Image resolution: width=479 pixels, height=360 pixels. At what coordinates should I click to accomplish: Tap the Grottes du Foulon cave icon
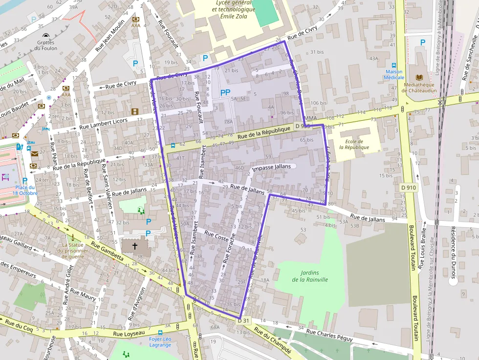(x=46, y=36)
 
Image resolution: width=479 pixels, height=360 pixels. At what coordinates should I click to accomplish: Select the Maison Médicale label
(x=393, y=74)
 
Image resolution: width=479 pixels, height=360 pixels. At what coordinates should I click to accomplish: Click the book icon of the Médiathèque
(x=419, y=77)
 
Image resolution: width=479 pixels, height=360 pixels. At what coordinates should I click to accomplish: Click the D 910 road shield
(x=409, y=187)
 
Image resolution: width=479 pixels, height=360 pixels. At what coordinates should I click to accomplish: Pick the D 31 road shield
(x=243, y=320)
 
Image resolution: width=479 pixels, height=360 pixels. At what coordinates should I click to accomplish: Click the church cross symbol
(x=135, y=246)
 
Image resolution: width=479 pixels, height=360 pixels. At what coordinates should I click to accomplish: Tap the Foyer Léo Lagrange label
(x=160, y=342)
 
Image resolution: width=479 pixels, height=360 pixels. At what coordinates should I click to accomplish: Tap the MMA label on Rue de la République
(x=310, y=118)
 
